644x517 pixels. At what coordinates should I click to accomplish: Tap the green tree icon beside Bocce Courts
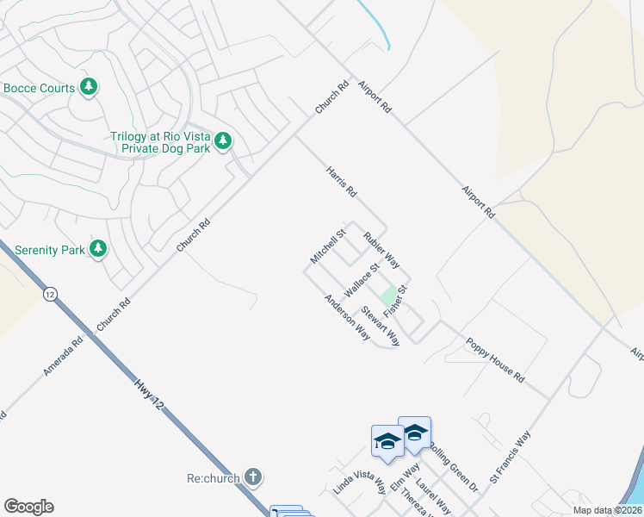point(88,87)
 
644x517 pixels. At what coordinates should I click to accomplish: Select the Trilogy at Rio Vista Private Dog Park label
point(160,142)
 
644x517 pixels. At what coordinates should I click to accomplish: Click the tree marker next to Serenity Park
point(99,250)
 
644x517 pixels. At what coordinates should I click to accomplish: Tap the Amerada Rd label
point(64,356)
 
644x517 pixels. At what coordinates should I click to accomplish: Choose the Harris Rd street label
point(341,183)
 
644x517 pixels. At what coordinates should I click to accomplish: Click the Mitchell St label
point(328,246)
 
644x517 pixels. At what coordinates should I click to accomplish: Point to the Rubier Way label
point(381,250)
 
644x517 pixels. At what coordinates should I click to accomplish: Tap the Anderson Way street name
point(347,317)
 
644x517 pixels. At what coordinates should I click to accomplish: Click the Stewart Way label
point(381,326)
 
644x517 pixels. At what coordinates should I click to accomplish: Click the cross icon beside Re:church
point(252,477)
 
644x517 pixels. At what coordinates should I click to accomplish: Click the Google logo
point(28,507)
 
